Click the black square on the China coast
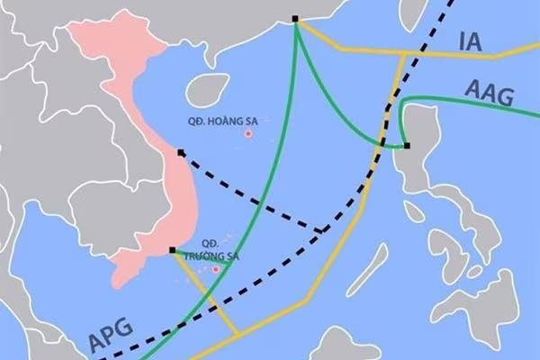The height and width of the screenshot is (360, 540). coord(297,19)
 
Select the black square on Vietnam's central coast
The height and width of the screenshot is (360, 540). coord(180,152)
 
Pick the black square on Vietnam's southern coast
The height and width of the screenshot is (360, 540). coord(172,249)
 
